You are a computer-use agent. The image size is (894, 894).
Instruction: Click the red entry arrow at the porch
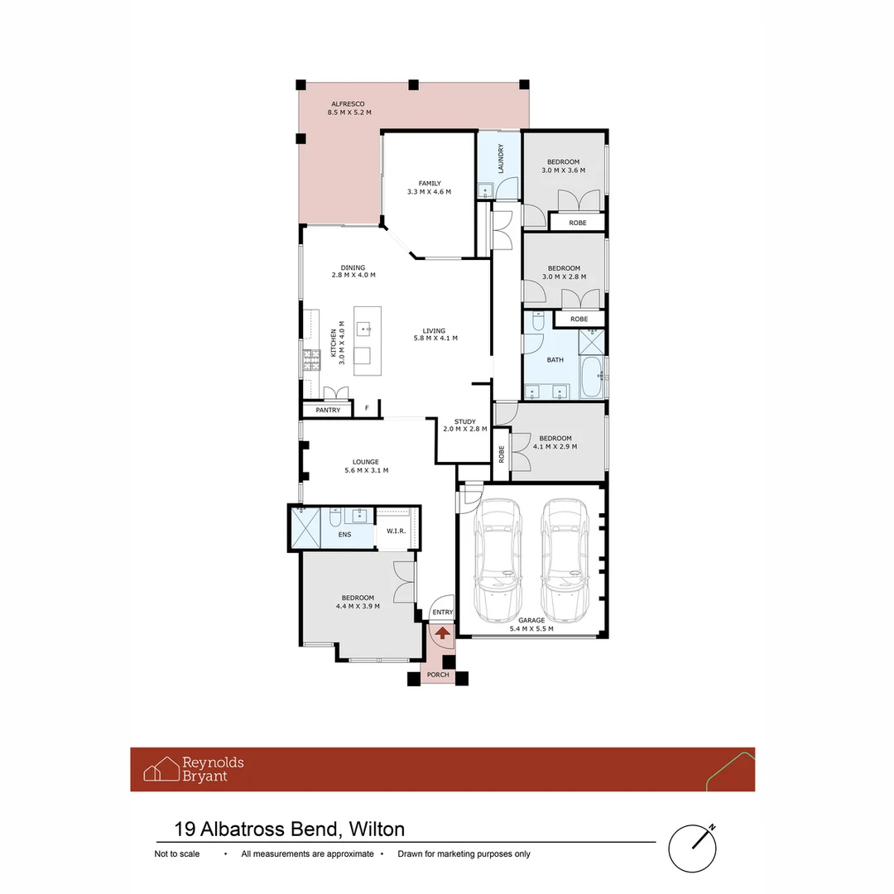(x=443, y=633)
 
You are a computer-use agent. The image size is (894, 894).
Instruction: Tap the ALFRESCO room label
(x=348, y=103)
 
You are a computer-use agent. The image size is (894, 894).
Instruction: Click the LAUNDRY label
(x=500, y=159)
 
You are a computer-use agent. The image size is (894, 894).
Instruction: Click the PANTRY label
(x=328, y=410)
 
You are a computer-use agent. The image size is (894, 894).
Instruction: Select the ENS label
(x=344, y=536)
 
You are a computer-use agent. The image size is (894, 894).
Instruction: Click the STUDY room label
(x=459, y=421)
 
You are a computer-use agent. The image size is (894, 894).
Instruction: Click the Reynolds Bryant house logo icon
(x=161, y=769)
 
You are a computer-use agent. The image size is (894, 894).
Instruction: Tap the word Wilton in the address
(x=377, y=829)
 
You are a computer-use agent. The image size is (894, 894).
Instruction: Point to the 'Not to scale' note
(x=177, y=853)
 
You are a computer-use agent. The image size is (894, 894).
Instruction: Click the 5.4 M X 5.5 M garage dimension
(x=531, y=628)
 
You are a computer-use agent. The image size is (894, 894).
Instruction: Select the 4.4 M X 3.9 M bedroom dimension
(x=358, y=606)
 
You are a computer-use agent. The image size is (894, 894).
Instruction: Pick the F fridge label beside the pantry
(x=367, y=409)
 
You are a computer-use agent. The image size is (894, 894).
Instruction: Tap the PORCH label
(x=438, y=675)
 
